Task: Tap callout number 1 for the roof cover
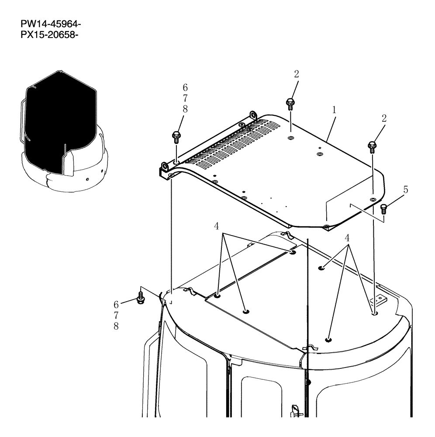click(x=334, y=111)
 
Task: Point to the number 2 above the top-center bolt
click(x=297, y=74)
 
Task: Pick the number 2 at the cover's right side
click(x=383, y=118)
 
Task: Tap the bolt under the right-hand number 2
click(x=373, y=146)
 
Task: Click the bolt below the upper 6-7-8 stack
click(x=176, y=137)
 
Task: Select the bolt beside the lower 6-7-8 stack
click(x=141, y=299)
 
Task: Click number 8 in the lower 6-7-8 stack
click(x=116, y=326)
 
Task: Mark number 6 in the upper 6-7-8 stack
click(x=185, y=88)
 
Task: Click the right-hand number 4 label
click(x=347, y=238)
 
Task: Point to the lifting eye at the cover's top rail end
click(x=252, y=115)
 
